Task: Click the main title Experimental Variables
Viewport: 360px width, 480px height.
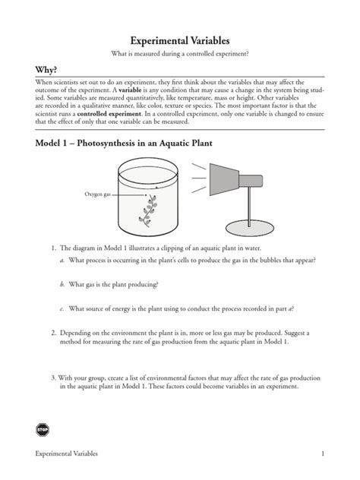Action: click(180, 39)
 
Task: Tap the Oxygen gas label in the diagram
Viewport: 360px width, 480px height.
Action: click(98, 195)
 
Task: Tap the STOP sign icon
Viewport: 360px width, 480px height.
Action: click(43, 430)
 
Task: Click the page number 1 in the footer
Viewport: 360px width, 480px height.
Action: click(323, 453)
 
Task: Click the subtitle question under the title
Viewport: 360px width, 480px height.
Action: click(180, 53)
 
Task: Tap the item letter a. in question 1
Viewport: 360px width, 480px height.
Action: click(62, 261)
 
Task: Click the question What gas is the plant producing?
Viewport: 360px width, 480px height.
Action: click(114, 284)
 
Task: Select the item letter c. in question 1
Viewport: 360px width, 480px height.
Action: click(62, 308)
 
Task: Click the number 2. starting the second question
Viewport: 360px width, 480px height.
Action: click(54, 333)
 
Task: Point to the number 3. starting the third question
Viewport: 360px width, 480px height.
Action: click(54, 377)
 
